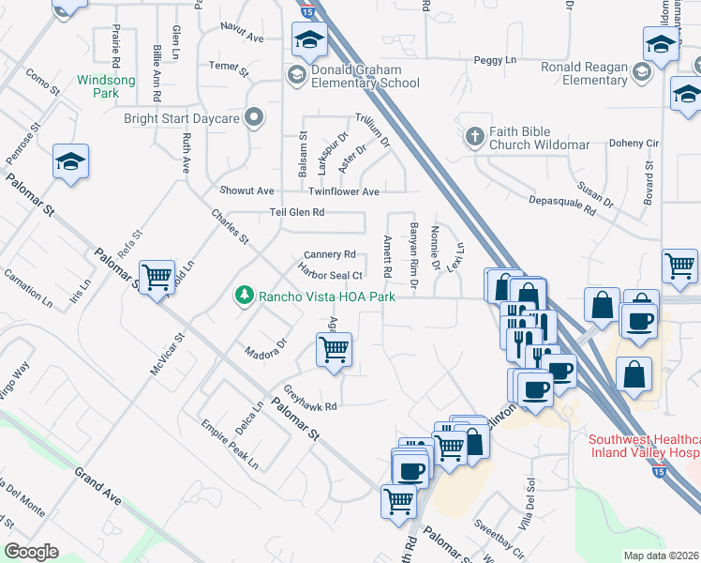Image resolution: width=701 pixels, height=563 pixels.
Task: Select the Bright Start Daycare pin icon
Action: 253,118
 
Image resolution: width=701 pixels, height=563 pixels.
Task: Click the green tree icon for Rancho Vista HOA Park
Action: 244,296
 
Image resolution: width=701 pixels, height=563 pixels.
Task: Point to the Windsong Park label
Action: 106,86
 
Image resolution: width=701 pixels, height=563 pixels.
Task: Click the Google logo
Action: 31,551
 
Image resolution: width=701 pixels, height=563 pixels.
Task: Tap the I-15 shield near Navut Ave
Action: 308,12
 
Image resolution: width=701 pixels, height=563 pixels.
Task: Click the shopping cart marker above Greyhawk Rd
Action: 335,350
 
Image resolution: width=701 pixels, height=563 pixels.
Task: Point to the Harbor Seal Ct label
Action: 330,275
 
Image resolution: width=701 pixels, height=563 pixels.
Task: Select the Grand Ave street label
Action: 98,485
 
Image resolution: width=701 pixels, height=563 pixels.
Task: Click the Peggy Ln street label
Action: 496,60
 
